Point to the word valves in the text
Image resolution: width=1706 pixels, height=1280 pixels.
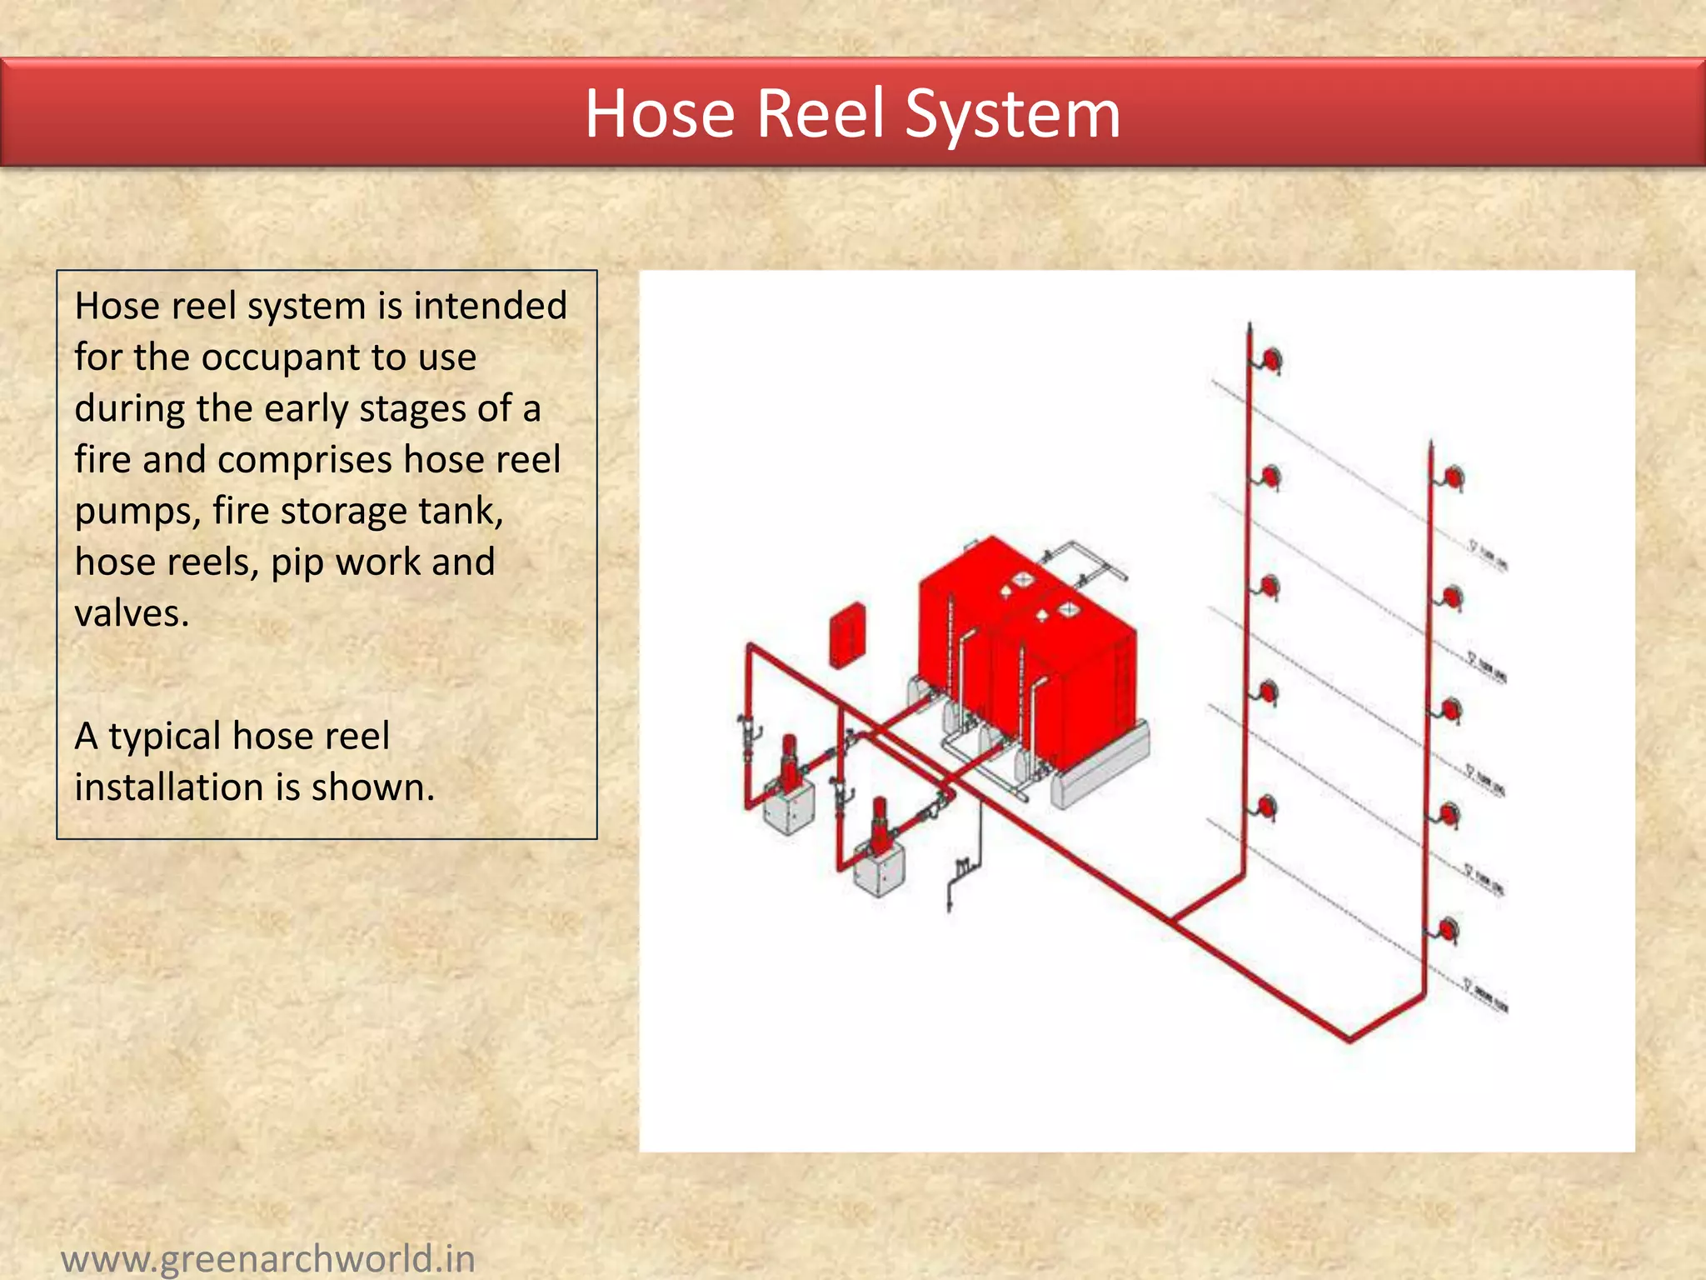[x=132, y=614]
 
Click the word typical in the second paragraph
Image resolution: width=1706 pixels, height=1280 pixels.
[x=164, y=737]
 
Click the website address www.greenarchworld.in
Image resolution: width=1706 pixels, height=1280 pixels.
[x=267, y=1257]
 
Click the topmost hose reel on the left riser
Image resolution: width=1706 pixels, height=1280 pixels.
[x=1271, y=360]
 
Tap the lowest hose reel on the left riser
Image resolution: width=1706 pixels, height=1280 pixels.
[x=1266, y=807]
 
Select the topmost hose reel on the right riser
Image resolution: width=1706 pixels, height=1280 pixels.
[x=1454, y=478]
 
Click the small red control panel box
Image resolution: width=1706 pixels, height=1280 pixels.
[x=847, y=635]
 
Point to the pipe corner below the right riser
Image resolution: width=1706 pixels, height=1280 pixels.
[x=1349, y=1038]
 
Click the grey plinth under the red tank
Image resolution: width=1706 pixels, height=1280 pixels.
[x=1100, y=767]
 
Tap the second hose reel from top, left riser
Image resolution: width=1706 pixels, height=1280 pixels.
[x=1270, y=477]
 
